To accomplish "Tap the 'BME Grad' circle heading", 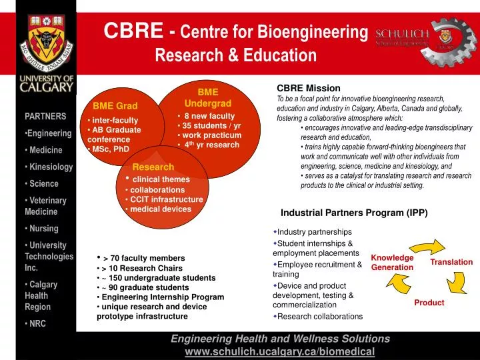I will [115, 106].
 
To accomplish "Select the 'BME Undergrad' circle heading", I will [207, 97].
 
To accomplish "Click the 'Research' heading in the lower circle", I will [153, 167].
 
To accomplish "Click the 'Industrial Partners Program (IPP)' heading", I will [354, 213].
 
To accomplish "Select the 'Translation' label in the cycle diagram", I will [451, 262].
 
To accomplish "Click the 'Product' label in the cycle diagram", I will [429, 303].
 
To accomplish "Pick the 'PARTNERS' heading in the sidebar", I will [45, 116].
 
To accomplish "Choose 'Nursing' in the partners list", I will [45, 228].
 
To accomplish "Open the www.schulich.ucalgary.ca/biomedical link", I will [279, 351].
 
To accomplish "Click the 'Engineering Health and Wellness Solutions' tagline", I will [280, 339].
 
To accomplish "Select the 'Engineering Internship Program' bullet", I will [163, 297].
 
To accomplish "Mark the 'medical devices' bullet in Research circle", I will [160, 209].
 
